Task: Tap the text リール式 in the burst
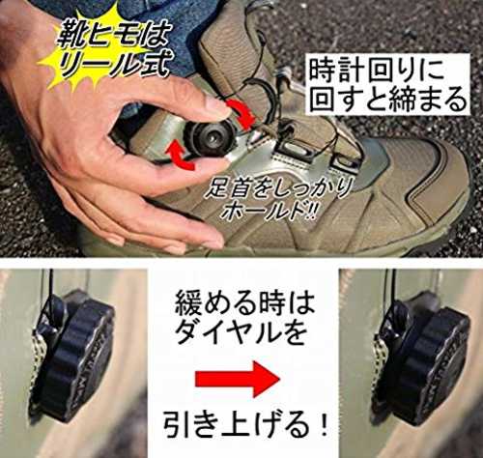pyautogui.click(x=113, y=66)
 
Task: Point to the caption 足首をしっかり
pyautogui.click(x=278, y=189)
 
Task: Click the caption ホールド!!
pyautogui.click(x=269, y=211)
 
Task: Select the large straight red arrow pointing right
pyautogui.click(x=238, y=379)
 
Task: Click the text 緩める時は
pyautogui.click(x=244, y=305)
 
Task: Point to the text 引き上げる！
pyautogui.click(x=245, y=424)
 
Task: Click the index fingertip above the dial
pyautogui.click(x=218, y=107)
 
